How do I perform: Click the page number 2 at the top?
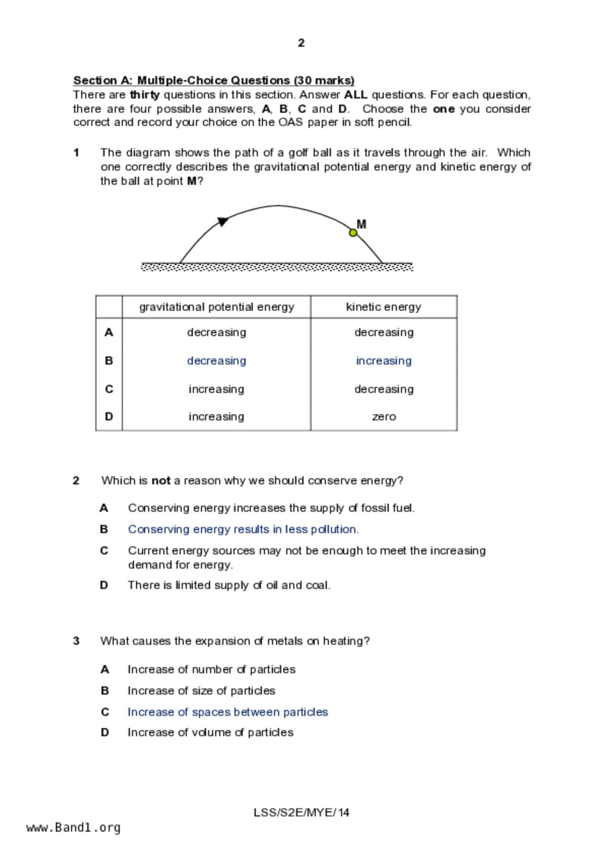click(x=301, y=43)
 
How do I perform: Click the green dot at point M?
click(x=353, y=233)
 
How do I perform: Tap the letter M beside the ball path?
click(x=361, y=224)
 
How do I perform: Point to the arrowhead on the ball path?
click(x=223, y=221)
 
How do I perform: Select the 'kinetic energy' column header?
click(x=383, y=307)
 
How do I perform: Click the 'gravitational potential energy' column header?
click(x=216, y=307)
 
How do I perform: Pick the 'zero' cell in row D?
click(x=384, y=417)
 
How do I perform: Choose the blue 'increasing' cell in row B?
click(x=384, y=361)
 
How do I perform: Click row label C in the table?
click(x=109, y=389)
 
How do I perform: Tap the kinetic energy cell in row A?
click(x=384, y=332)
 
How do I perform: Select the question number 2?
click(x=76, y=481)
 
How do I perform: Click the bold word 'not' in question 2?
click(x=161, y=481)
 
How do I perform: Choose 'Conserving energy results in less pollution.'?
click(x=243, y=529)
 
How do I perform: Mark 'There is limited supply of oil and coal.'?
click(x=229, y=585)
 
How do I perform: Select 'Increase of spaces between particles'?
click(x=228, y=712)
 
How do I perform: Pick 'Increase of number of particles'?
click(x=211, y=669)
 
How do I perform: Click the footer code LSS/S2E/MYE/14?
click(x=301, y=813)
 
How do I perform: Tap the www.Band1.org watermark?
click(x=73, y=828)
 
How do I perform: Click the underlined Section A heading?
click(x=214, y=80)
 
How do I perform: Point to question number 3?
click(x=76, y=641)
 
